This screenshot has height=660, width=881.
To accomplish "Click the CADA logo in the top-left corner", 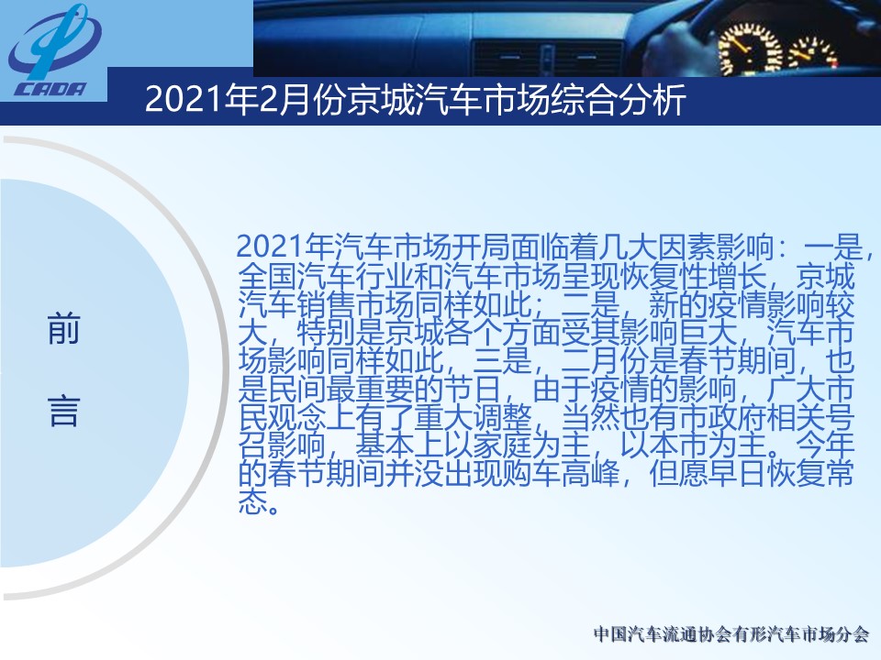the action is coord(53,51).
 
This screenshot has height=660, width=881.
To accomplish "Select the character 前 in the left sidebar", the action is coord(63,329).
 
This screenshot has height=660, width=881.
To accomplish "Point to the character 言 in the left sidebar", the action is coord(63,411).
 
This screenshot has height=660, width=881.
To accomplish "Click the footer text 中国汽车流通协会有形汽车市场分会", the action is coord(731,634).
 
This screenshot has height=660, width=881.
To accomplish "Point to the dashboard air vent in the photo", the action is coord(548,56).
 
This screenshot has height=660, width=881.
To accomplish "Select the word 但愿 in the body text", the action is coord(679,476).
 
